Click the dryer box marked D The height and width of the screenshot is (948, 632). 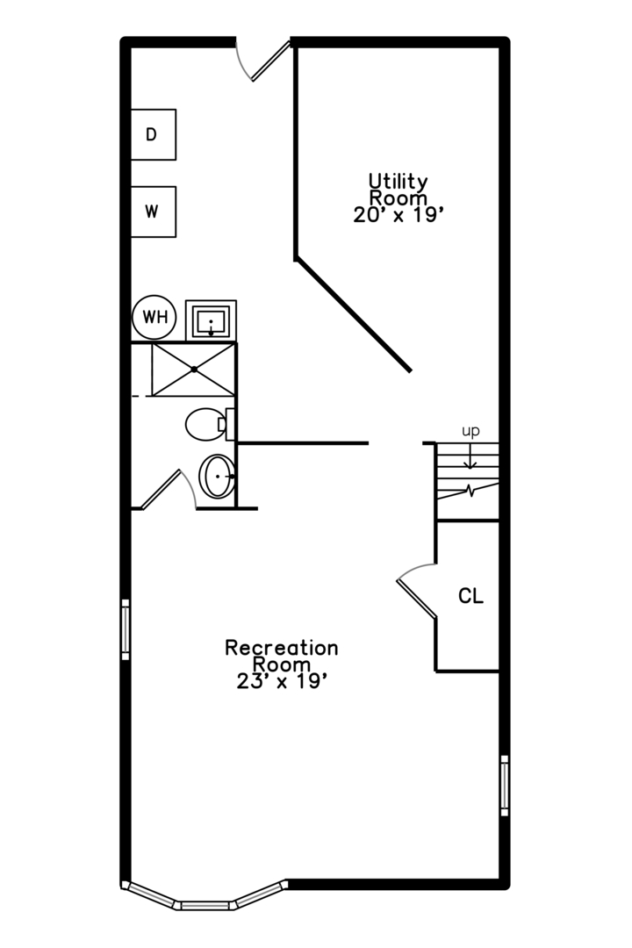(x=154, y=135)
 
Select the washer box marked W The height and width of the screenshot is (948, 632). (x=154, y=212)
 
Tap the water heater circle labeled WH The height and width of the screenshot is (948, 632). (x=154, y=317)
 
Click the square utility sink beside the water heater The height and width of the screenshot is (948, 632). (x=211, y=320)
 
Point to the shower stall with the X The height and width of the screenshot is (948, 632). (x=193, y=370)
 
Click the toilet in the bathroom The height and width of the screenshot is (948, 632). (x=209, y=424)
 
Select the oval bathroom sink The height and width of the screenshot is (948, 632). (x=217, y=477)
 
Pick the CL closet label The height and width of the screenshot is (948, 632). (x=470, y=596)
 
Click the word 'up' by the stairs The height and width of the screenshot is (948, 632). (x=470, y=431)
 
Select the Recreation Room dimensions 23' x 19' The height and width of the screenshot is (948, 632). (x=282, y=681)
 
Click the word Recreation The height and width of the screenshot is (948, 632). (x=281, y=648)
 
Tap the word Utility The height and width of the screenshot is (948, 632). (x=398, y=181)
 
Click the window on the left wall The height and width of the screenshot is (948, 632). (x=126, y=629)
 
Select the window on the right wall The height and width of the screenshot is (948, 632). (x=505, y=786)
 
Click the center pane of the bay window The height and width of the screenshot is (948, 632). (x=205, y=905)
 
